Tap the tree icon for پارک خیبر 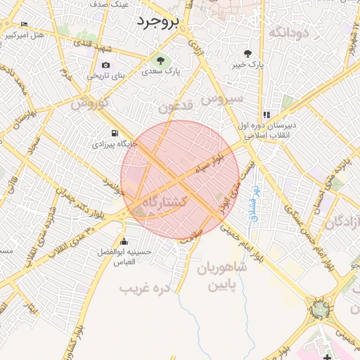247,53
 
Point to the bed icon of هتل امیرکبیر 25,25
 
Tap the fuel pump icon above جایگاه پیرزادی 115,133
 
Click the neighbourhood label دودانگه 290,32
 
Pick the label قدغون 174,107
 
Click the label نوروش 88,103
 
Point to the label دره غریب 146,288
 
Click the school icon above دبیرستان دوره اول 266,115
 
